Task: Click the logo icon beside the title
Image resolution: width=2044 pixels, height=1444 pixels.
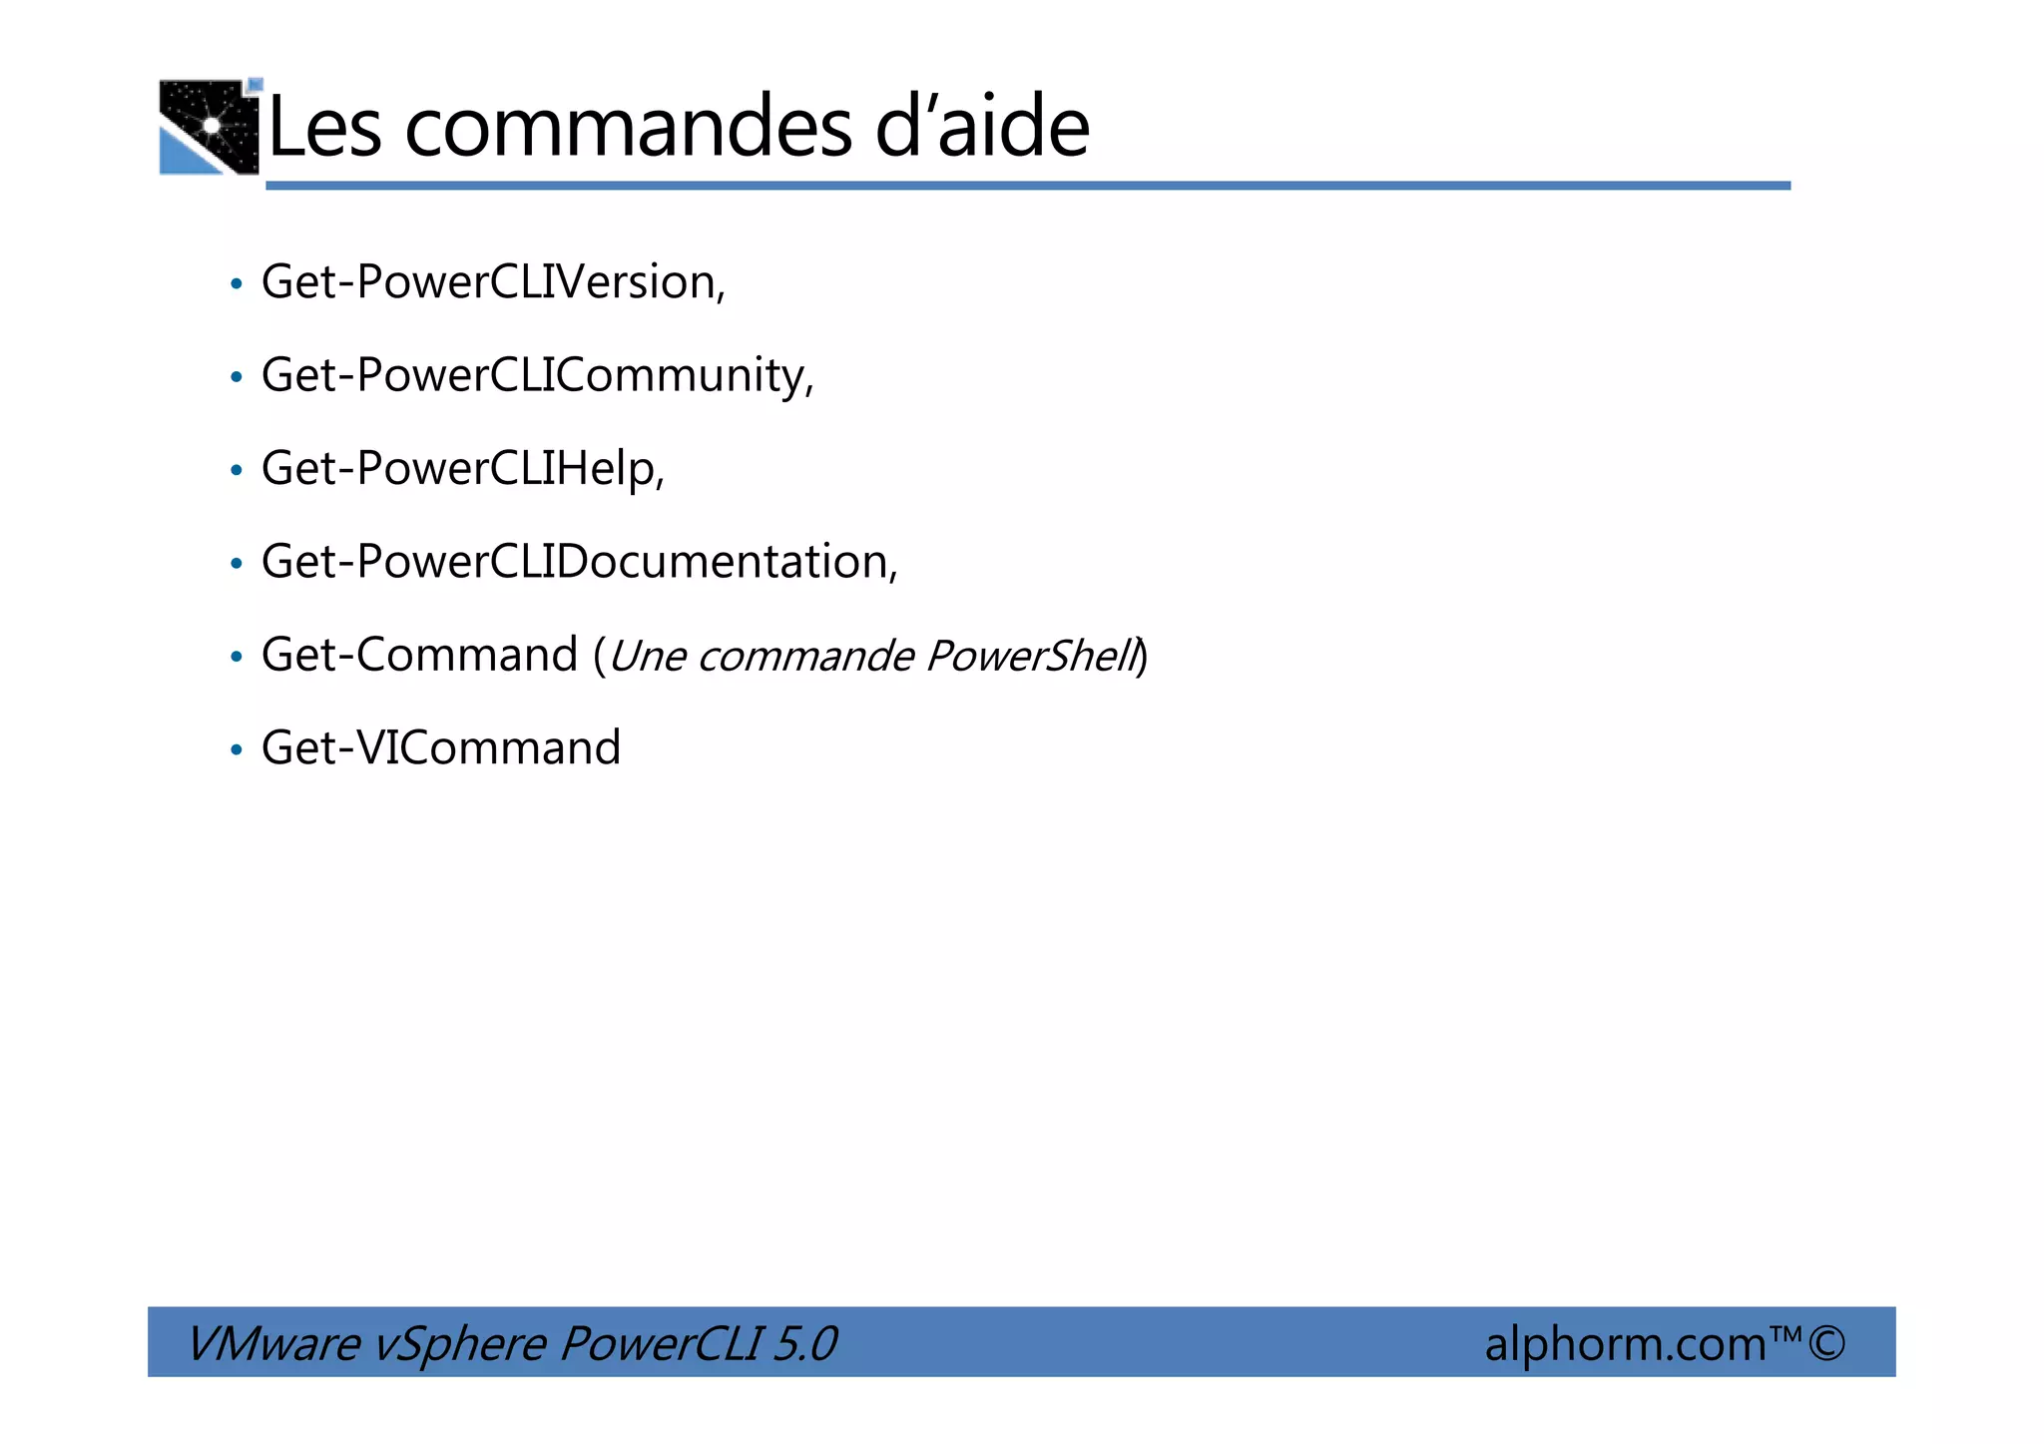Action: (x=210, y=127)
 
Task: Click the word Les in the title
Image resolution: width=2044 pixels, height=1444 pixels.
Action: (x=325, y=127)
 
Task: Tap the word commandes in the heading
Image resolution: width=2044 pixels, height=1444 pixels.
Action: (x=628, y=127)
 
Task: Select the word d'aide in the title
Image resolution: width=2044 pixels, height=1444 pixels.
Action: (x=982, y=127)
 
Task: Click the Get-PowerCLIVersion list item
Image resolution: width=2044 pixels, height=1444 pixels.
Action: (x=493, y=282)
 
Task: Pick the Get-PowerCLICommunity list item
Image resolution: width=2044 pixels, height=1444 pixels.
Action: (x=537, y=376)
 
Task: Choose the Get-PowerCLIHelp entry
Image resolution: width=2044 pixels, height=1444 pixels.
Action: (x=462, y=469)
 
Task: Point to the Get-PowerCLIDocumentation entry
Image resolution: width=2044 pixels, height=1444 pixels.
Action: (x=579, y=562)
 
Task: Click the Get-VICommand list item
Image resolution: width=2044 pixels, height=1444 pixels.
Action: (x=440, y=748)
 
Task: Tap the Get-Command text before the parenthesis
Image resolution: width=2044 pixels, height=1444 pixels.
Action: (x=419, y=656)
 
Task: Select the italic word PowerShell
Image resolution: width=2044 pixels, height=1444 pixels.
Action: (x=1032, y=657)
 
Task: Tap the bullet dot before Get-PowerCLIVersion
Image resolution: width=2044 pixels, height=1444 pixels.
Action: (x=237, y=284)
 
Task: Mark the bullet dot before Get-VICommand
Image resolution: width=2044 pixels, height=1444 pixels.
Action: (x=237, y=749)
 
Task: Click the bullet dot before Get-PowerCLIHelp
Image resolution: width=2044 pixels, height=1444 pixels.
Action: (x=237, y=470)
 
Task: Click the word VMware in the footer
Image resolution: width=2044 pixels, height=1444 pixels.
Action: (x=272, y=1343)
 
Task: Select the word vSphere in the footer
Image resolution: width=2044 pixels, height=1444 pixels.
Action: (x=459, y=1343)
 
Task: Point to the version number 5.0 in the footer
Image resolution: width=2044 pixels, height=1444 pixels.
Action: (x=804, y=1343)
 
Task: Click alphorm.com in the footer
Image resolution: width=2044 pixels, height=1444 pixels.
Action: (x=1626, y=1343)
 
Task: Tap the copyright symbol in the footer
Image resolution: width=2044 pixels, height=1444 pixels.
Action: (x=1825, y=1342)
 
